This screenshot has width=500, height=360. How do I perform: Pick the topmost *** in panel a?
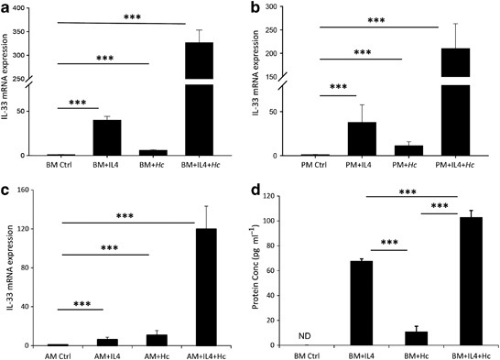pyautogui.click(x=119, y=16)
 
